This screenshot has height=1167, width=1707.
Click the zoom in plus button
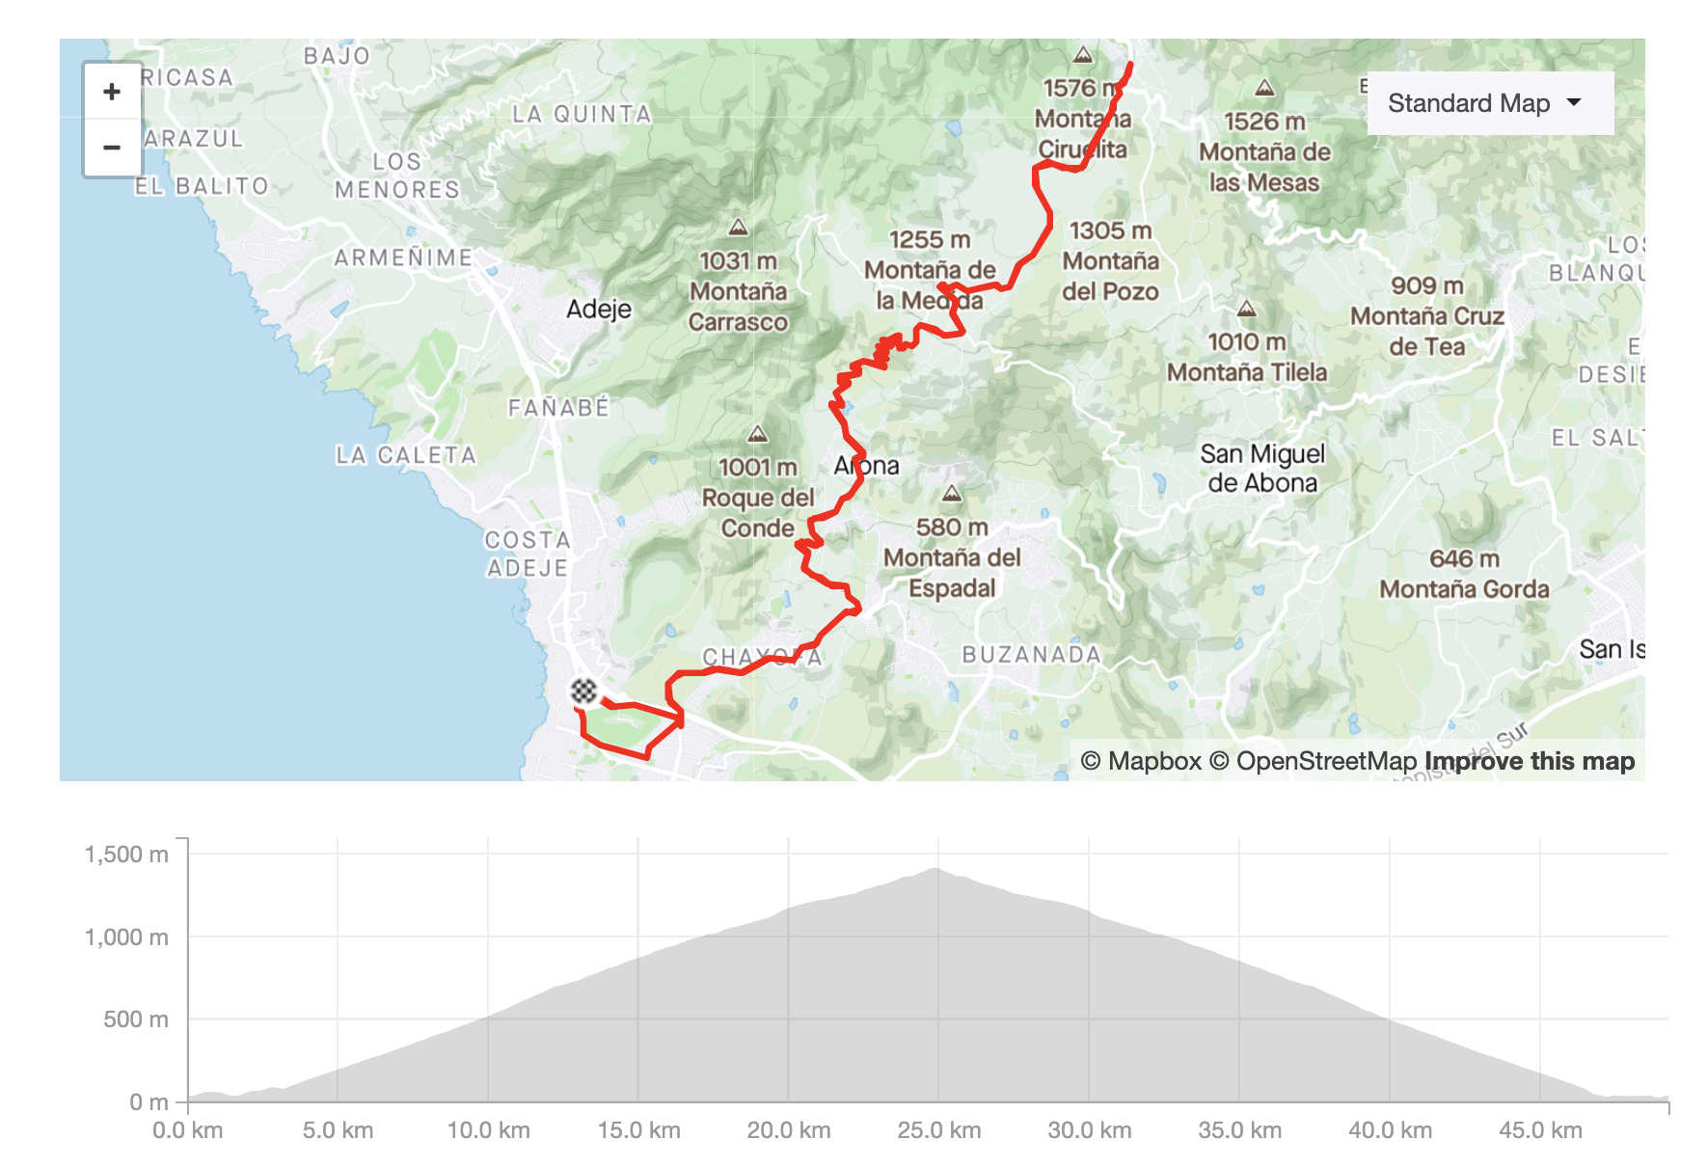coord(112,92)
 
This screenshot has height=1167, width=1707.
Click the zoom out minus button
coord(112,148)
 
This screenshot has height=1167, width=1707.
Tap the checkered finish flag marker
coord(583,691)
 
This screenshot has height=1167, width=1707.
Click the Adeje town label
coord(599,310)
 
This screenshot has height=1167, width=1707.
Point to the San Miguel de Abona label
coord(1262,468)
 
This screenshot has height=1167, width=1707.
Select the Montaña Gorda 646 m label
coord(1464,574)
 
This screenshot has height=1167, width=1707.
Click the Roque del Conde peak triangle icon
coord(758,434)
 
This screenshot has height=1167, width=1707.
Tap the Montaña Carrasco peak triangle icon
coord(739,228)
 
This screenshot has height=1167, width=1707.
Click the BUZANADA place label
coord(1031,655)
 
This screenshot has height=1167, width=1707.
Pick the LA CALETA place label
coord(406,455)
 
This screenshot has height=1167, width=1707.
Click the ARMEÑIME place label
coord(403,258)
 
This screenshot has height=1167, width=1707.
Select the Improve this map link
coord(1530,761)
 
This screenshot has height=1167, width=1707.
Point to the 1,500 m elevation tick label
coord(126,855)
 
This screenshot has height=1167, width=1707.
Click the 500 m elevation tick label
coord(136,1019)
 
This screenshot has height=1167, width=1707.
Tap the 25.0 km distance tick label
coord(938,1130)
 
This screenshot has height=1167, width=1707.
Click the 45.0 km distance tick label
coord(1540,1130)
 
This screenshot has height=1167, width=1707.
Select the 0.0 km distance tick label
coord(188,1130)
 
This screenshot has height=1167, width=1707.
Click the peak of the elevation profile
coord(935,870)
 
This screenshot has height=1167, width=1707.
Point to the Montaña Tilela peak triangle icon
coord(1247,310)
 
